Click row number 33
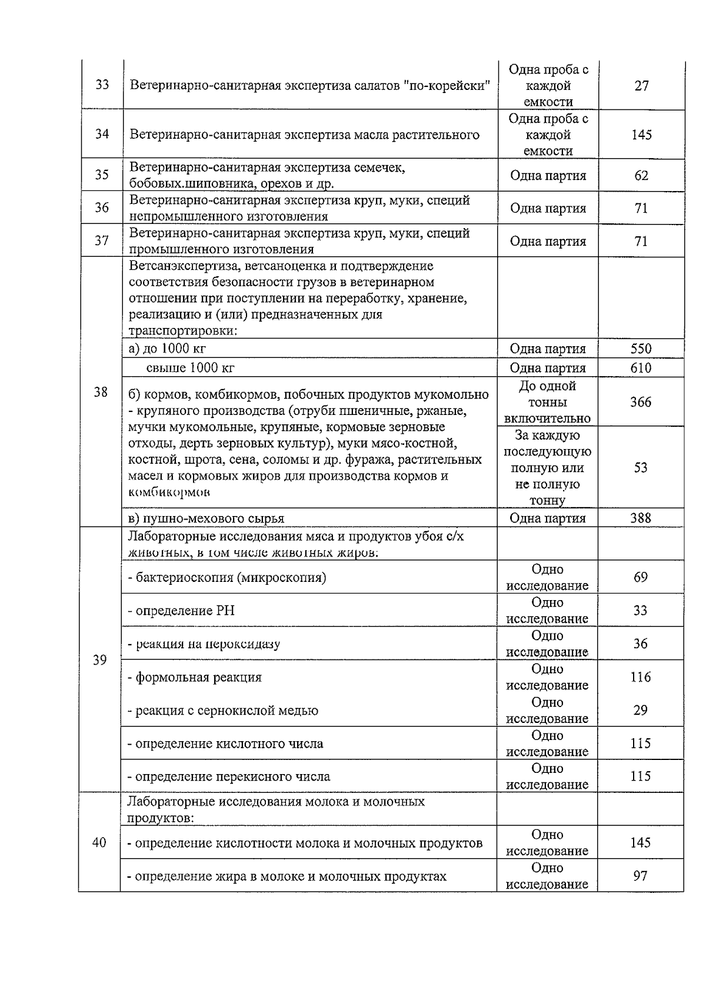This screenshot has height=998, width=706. pos(102,85)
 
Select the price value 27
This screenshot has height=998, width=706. pos(641,86)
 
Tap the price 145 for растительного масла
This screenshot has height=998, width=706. pos(641,135)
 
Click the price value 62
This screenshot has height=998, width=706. pos(641,175)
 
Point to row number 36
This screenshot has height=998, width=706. pos(102,208)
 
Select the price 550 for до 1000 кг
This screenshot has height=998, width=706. pos(641,349)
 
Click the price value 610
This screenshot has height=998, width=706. pos(641,368)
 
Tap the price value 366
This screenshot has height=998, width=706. pos(641,402)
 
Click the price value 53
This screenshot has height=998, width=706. pos(641,468)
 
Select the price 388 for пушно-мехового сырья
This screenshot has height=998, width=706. pos(641,518)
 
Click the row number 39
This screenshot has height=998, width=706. pos(100,660)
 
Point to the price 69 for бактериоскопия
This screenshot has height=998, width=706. pos(641,577)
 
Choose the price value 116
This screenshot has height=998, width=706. pos(641,677)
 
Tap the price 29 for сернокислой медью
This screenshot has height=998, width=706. pos(641,710)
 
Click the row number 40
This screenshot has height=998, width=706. pos(99,843)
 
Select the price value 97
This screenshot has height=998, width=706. pos(641,876)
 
